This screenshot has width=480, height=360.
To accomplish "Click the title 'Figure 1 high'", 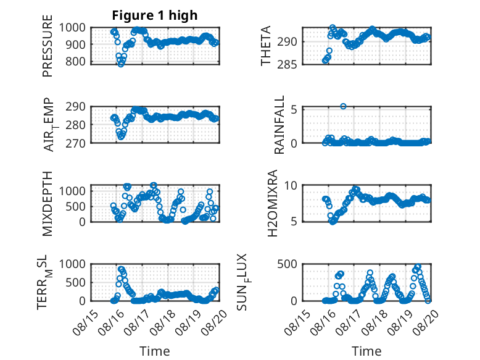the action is click(x=155, y=15).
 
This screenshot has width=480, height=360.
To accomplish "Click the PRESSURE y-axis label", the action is click(x=48, y=46).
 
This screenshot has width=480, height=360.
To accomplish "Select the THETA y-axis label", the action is click(x=266, y=46).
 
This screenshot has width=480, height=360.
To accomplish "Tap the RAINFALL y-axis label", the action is click(x=279, y=125).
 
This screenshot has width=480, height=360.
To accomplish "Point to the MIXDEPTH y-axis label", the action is click(x=48, y=204).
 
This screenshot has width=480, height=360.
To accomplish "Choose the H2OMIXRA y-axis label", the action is click(x=272, y=203).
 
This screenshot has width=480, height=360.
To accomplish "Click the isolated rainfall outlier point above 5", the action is click(x=343, y=106).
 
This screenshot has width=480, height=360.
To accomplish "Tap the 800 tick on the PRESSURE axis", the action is click(x=75, y=62).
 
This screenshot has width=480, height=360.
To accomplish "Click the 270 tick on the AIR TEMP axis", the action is click(x=75, y=143).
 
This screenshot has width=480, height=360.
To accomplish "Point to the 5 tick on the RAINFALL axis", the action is click(x=294, y=109).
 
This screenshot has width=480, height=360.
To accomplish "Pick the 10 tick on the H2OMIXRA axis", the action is click(x=291, y=185).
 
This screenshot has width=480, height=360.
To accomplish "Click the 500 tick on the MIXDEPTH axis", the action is click(x=75, y=206).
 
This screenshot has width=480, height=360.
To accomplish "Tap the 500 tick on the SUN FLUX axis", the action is click(x=287, y=264).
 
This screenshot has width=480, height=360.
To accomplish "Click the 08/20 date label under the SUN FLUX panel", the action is click(x=426, y=322).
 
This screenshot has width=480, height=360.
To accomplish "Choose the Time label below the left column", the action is click(x=155, y=351).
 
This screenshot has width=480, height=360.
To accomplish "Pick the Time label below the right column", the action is click(x=366, y=351).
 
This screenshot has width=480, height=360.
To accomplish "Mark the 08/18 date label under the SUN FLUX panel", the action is click(x=374, y=322).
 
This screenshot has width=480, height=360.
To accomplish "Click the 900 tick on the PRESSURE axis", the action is click(x=75, y=44).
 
